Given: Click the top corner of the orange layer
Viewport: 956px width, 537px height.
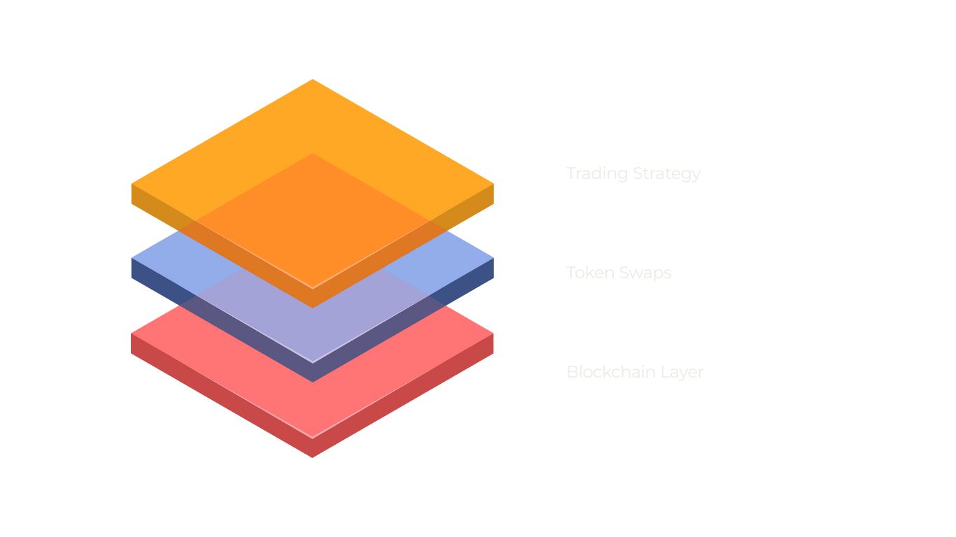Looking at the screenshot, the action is [x=312, y=80].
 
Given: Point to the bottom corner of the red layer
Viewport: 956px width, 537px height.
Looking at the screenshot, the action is [x=312, y=457].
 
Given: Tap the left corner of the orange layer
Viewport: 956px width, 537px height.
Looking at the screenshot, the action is [x=132, y=185].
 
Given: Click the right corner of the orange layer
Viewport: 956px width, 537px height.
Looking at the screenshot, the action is [x=493, y=185].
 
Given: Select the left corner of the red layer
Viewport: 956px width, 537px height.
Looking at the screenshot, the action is [x=132, y=334].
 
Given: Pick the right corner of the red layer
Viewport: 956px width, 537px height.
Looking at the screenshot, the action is [x=493, y=334].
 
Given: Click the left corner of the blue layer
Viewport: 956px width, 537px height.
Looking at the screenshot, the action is [x=132, y=259].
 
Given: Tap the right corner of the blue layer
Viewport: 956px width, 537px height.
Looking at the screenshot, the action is [x=493, y=259].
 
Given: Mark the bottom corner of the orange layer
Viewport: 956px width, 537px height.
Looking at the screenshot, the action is [x=312, y=307].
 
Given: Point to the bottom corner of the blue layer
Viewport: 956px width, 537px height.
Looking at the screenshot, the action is [x=312, y=382].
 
